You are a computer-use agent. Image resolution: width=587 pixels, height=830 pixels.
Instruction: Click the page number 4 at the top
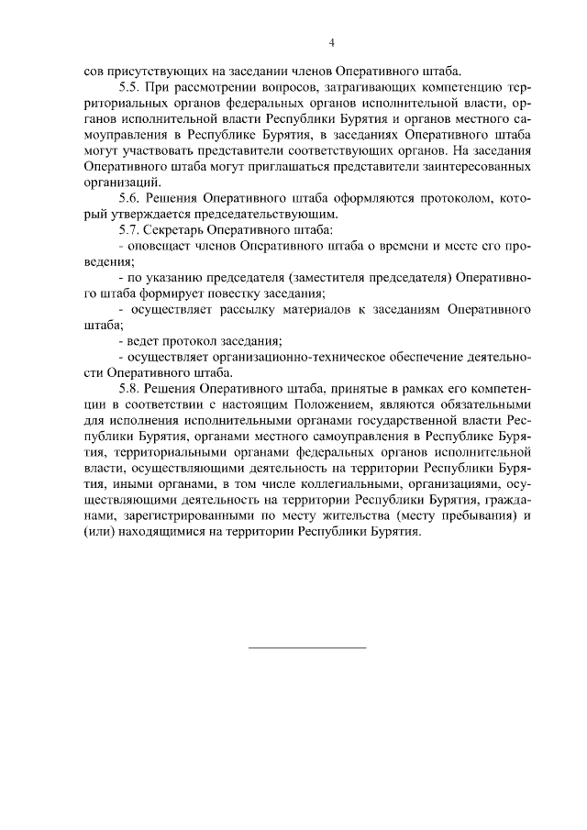[332, 42]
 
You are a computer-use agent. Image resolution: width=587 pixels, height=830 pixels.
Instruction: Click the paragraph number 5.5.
[132, 87]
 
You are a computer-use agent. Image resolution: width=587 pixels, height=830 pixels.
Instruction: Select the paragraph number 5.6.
[132, 198]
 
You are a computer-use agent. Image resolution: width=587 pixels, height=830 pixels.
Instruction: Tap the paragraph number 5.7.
[132, 229]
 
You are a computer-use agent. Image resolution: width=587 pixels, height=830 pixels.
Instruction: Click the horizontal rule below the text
[308, 647]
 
